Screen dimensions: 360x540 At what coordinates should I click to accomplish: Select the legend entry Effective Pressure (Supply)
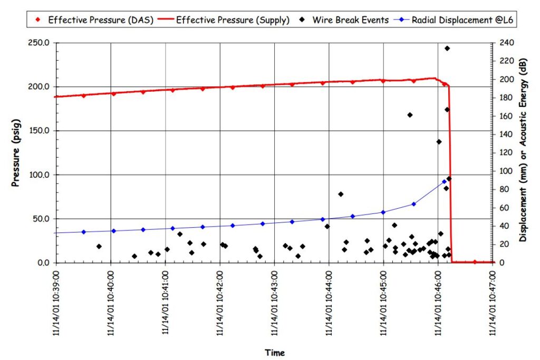[x=233, y=20]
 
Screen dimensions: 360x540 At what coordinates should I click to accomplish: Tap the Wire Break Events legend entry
[x=350, y=20]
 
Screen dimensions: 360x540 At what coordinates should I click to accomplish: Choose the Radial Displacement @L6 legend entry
[x=459, y=20]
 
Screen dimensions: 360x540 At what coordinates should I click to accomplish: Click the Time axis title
[x=274, y=353]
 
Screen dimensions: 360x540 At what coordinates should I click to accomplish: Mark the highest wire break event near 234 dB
[x=447, y=48]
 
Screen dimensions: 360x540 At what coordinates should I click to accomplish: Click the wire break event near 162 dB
[x=410, y=115]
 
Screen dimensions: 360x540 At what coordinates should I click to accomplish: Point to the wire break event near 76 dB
[x=341, y=194]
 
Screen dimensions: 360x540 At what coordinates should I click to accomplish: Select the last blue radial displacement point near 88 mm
[x=444, y=182]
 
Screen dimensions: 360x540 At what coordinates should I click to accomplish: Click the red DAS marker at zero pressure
[x=475, y=262]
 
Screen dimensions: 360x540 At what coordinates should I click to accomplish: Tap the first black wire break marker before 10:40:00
[x=99, y=246]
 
